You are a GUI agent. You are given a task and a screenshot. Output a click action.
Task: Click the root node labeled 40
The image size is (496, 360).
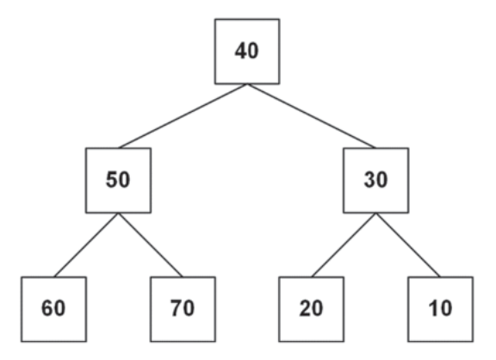[247, 52]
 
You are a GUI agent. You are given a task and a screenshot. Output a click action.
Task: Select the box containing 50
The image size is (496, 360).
[118, 180]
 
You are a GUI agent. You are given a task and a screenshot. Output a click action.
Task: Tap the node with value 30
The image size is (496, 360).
[375, 180]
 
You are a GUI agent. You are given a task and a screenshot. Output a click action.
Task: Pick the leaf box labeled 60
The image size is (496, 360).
[53, 309]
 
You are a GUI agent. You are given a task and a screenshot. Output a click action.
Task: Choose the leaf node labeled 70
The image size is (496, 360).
[183, 309]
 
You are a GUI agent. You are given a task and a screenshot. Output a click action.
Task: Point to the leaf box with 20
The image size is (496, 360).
[311, 309]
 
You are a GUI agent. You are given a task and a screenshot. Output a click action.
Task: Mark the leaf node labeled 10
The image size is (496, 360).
[441, 309]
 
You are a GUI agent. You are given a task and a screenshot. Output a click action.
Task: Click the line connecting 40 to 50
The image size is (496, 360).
[183, 116]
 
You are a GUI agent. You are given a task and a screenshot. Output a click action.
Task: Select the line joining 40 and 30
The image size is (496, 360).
[312, 116]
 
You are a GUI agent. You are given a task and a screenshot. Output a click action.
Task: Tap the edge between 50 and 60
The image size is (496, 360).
[86, 245]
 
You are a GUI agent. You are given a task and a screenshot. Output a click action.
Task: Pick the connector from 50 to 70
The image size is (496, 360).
[151, 245]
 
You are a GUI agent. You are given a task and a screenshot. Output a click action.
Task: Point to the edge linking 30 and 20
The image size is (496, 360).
[344, 245]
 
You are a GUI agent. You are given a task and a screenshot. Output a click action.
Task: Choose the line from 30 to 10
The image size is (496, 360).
[408, 245]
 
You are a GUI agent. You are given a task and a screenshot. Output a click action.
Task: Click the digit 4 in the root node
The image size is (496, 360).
[241, 51]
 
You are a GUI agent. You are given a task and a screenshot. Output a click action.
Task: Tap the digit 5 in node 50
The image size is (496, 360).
[112, 179]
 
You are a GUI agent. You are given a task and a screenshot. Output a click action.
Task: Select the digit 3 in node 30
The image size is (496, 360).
[369, 179]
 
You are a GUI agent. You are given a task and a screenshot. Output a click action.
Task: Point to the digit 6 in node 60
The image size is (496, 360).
[47, 308]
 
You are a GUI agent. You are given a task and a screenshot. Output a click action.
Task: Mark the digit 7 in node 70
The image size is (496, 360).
[177, 308]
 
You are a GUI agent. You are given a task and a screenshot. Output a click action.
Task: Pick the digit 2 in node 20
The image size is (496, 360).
[305, 308]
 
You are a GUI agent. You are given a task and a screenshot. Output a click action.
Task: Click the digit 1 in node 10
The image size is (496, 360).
[433, 308]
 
